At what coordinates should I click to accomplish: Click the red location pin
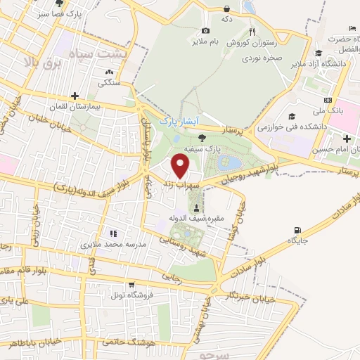pos(181,166)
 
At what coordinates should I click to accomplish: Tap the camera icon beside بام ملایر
pos(205,30)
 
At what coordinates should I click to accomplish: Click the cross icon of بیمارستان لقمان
pos(75,96)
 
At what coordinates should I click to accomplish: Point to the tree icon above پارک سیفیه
pos(202,137)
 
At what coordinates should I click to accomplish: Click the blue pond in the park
pos(229,164)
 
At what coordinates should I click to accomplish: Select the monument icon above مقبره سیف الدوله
pos(196,207)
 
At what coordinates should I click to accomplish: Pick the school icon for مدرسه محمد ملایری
pos(112,233)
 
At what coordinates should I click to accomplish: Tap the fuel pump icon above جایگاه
pos(297,230)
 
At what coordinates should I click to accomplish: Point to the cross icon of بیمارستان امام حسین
pos(347,138)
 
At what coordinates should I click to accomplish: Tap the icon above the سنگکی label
pos(109,72)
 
